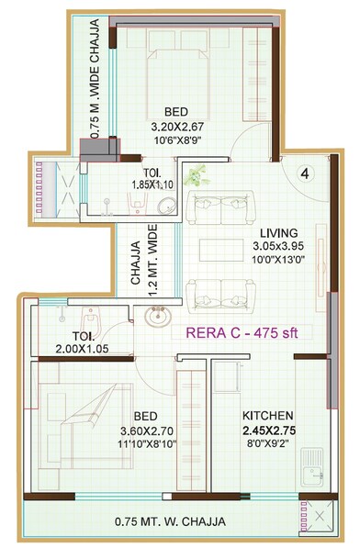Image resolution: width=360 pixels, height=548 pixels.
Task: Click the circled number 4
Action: (308, 172)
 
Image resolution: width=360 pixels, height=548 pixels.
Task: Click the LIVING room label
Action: (276, 232)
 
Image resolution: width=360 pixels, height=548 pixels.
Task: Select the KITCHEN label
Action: (267, 414)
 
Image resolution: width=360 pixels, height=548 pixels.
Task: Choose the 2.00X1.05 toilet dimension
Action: (82, 350)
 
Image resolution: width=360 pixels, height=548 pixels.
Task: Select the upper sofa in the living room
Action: (220, 209)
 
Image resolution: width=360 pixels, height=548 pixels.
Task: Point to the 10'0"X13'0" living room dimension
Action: (276, 261)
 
